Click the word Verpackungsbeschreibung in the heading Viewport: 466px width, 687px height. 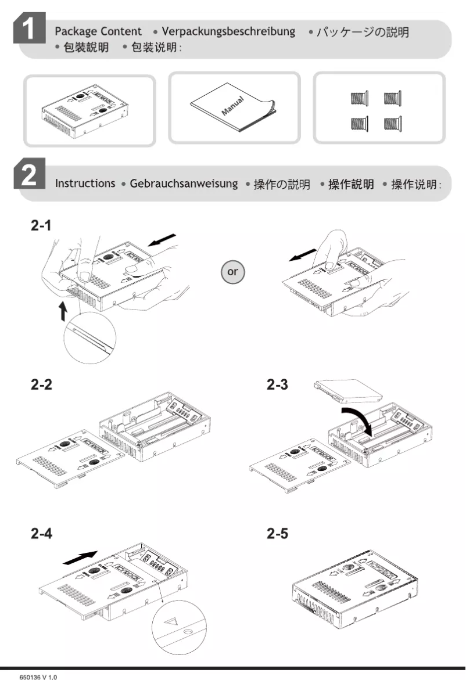point(228,32)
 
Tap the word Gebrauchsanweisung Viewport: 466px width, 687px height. point(184,184)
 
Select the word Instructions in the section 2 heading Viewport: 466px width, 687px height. point(85,184)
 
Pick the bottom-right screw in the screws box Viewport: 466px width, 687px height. point(393,123)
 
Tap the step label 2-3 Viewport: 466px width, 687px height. point(277,384)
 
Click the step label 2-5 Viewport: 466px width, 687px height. point(277,533)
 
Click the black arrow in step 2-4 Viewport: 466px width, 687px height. point(78,557)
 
